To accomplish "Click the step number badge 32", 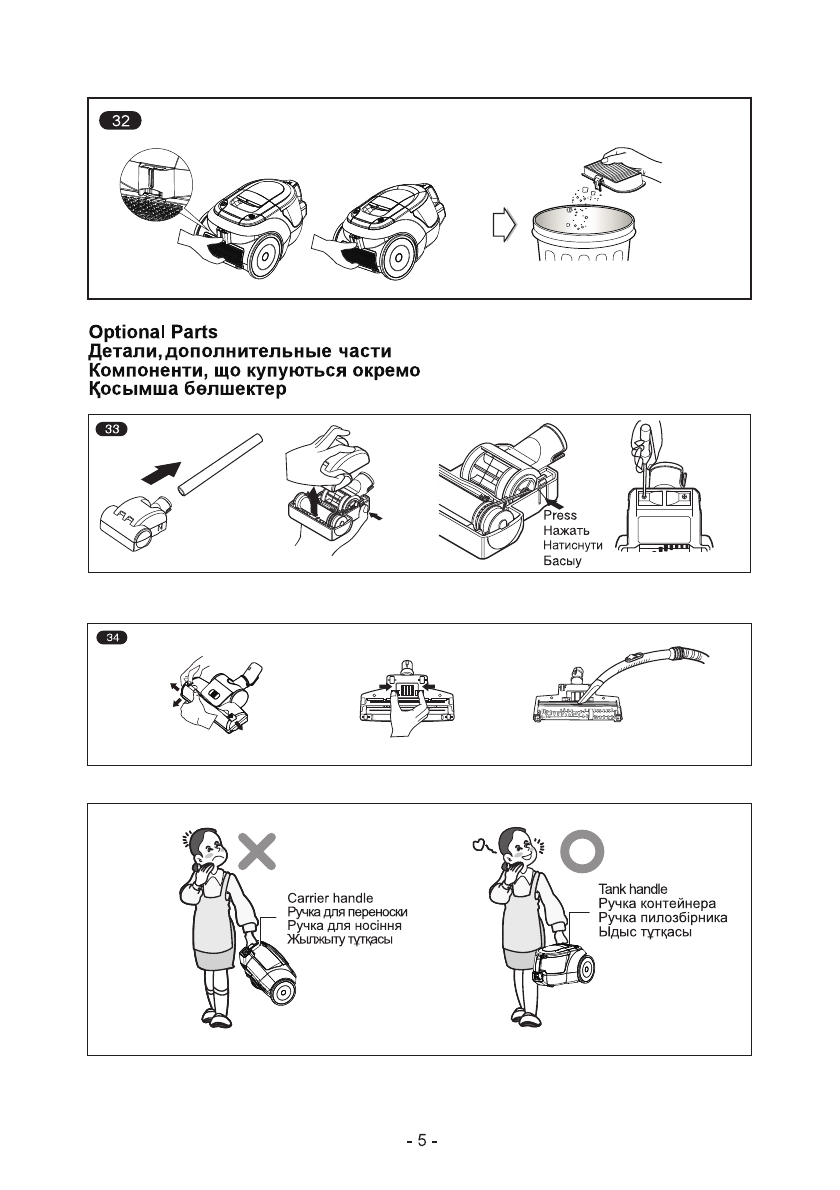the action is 121,122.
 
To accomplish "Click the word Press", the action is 560,515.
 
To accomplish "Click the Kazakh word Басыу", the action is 562,562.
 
